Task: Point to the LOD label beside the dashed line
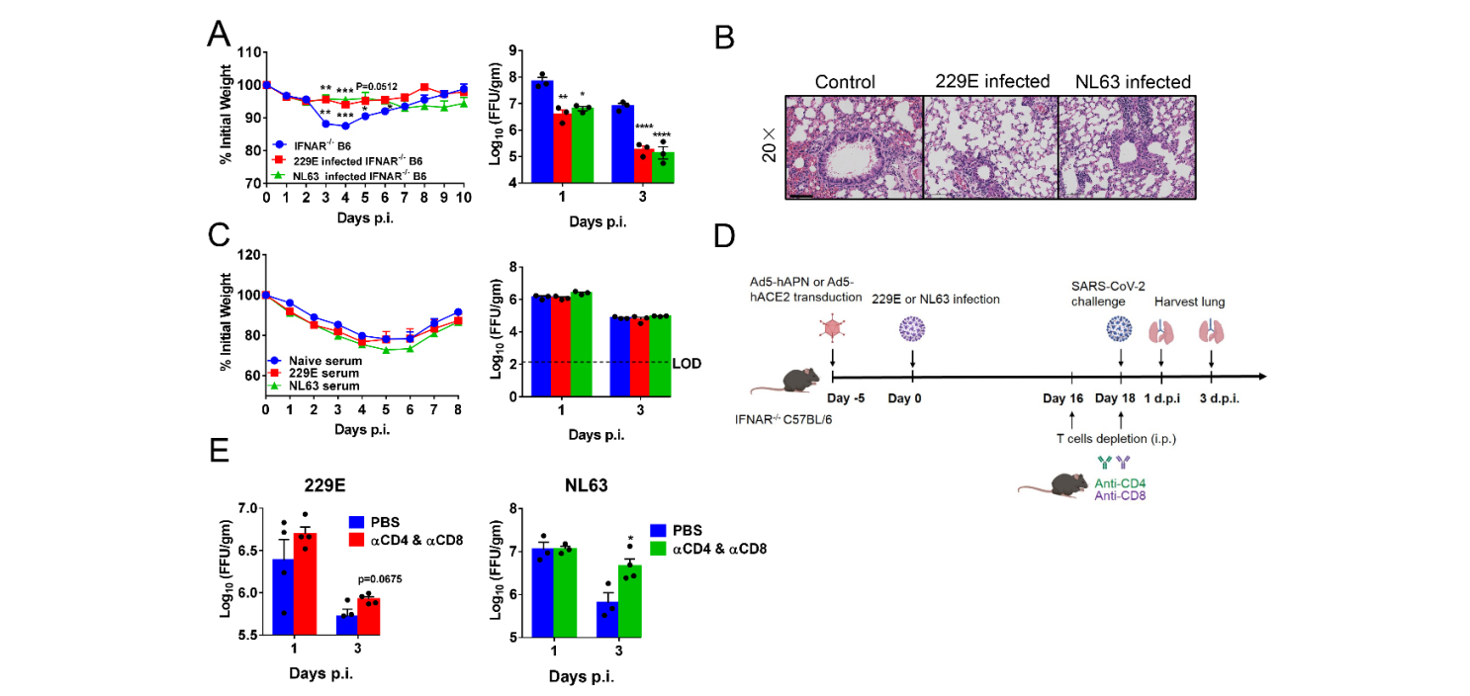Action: click(x=687, y=363)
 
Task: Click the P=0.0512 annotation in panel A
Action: click(x=377, y=87)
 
